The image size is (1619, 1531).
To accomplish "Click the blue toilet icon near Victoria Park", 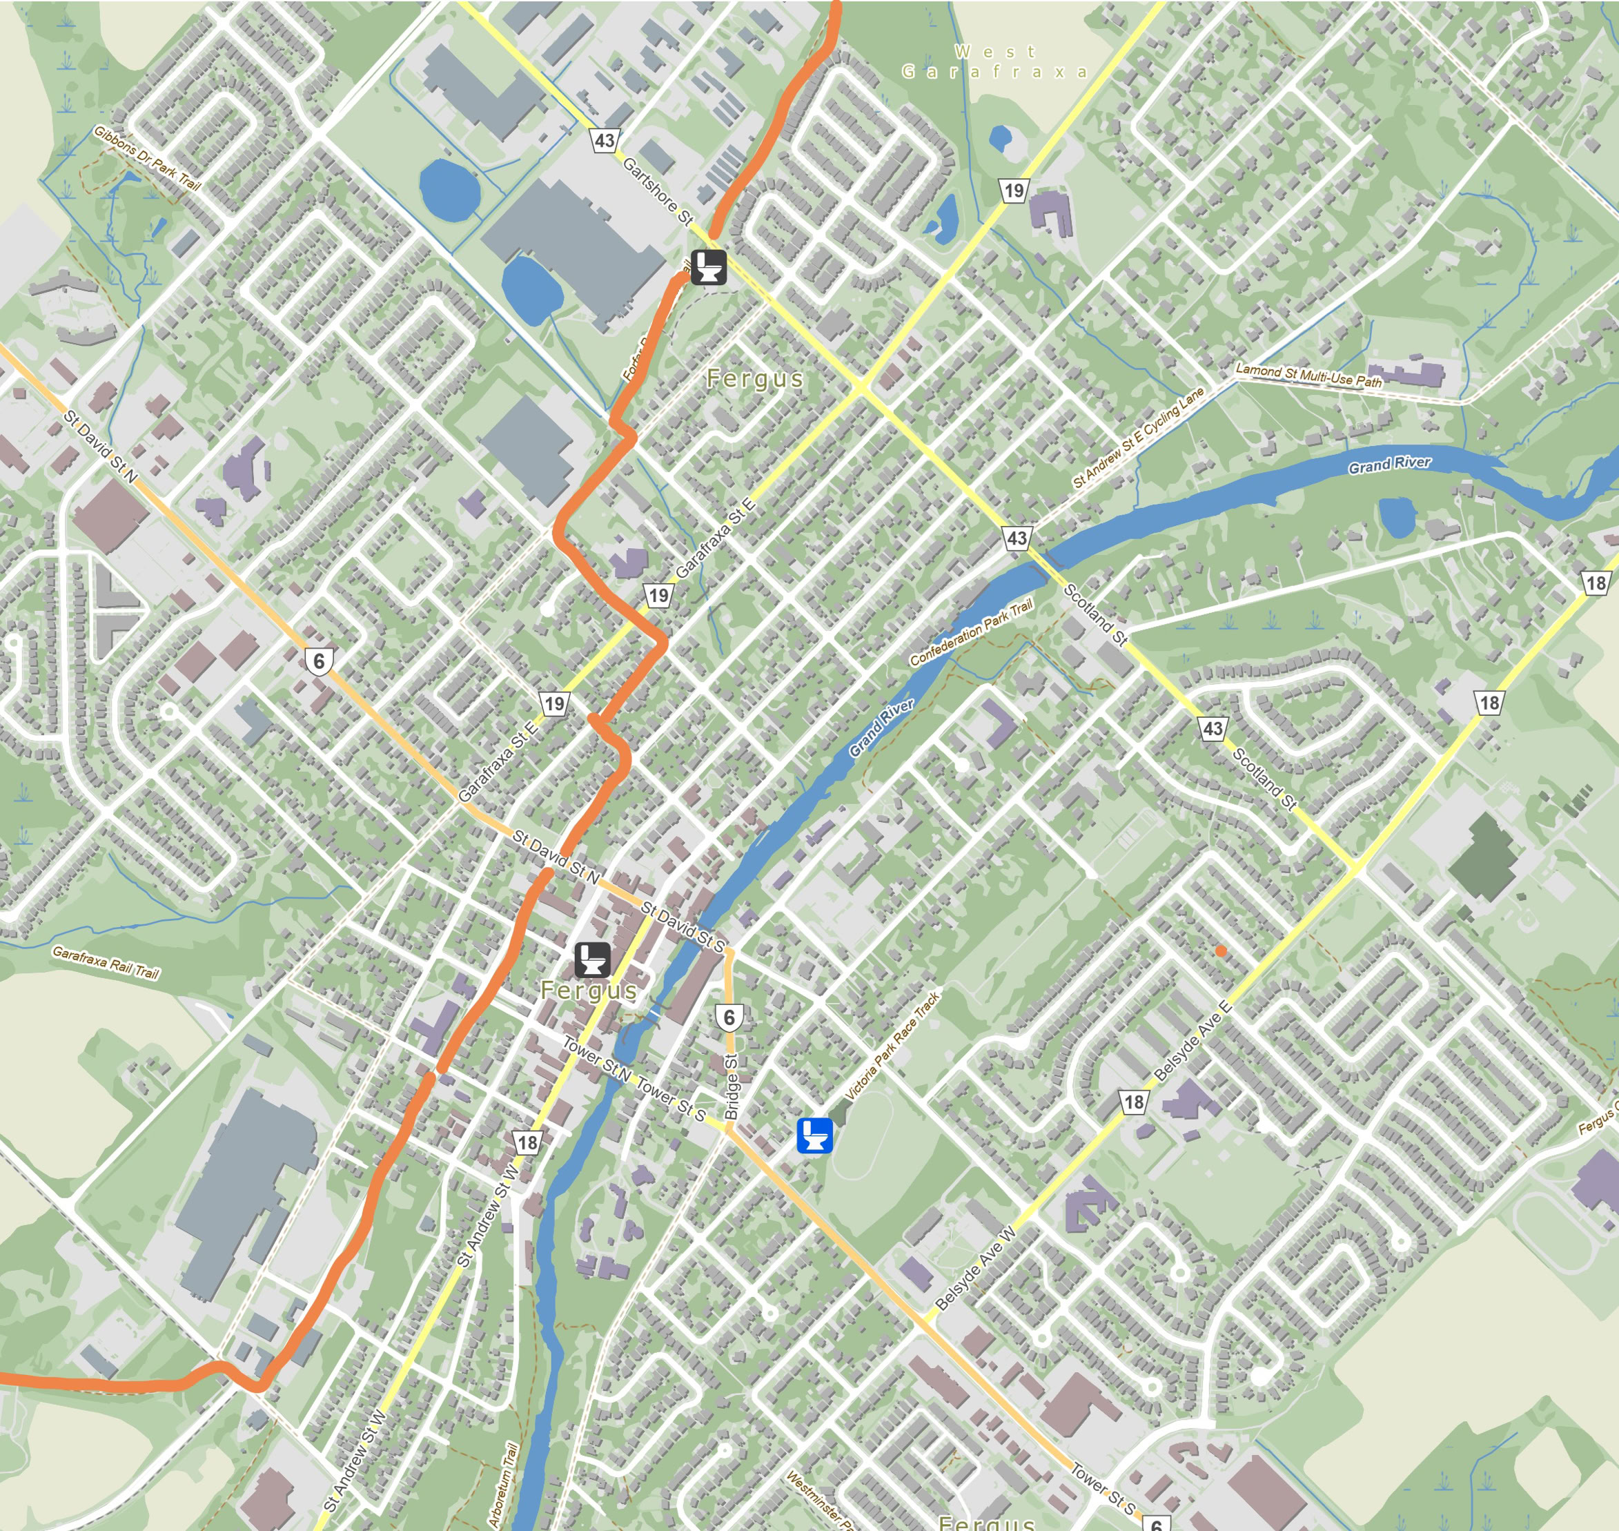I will pyautogui.click(x=814, y=1135).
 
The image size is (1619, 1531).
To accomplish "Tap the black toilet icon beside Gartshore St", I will pyautogui.click(x=708, y=268).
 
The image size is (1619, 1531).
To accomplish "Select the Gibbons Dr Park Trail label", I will pyautogui.click(x=146, y=157).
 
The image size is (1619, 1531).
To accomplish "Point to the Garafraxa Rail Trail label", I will pyautogui.click(x=106, y=962).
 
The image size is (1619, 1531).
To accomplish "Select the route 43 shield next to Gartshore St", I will pyautogui.click(x=605, y=140).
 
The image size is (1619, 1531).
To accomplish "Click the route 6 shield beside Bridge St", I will pyautogui.click(x=729, y=1017).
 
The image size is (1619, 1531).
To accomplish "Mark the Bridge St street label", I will pyautogui.click(x=732, y=1087).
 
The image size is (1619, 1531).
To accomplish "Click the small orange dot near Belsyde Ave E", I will pyautogui.click(x=1221, y=950).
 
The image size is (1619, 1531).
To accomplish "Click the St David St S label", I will pyautogui.click(x=683, y=928).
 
